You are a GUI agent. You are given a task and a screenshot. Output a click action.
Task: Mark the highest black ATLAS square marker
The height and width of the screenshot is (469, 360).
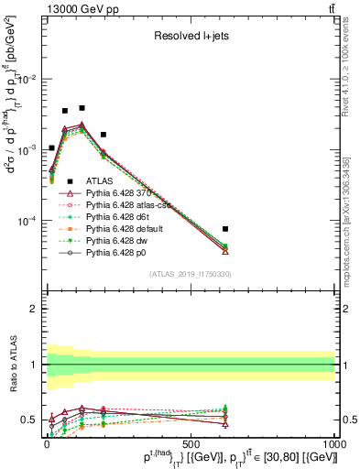point(82,108)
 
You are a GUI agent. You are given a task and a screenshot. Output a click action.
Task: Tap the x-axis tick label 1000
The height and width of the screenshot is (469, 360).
point(333,443)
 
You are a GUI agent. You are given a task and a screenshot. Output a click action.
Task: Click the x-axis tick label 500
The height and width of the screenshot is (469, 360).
point(190,443)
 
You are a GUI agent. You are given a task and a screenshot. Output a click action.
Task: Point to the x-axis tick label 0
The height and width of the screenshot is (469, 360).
point(47,443)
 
